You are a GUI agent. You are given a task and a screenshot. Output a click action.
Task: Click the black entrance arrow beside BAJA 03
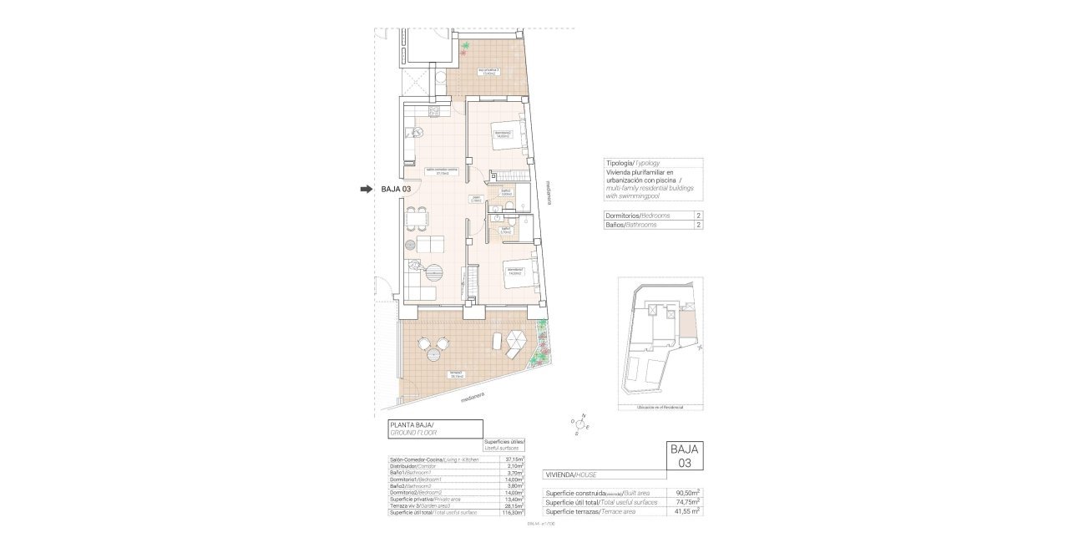pyautogui.click(x=366, y=190)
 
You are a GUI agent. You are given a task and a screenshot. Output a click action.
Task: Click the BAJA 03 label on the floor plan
pyautogui.click(x=396, y=190)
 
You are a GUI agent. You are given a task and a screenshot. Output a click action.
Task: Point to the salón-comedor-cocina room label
pyautogui.click(x=442, y=171)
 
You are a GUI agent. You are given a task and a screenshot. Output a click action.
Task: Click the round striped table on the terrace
pyautogui.click(x=434, y=355)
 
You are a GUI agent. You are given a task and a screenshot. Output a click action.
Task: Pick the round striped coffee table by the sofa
pyautogui.click(x=435, y=271)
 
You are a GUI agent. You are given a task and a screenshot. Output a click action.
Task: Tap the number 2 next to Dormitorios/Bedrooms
pyautogui.click(x=696, y=216)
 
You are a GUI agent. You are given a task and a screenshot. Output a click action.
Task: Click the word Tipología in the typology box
pyautogui.click(x=619, y=163)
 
